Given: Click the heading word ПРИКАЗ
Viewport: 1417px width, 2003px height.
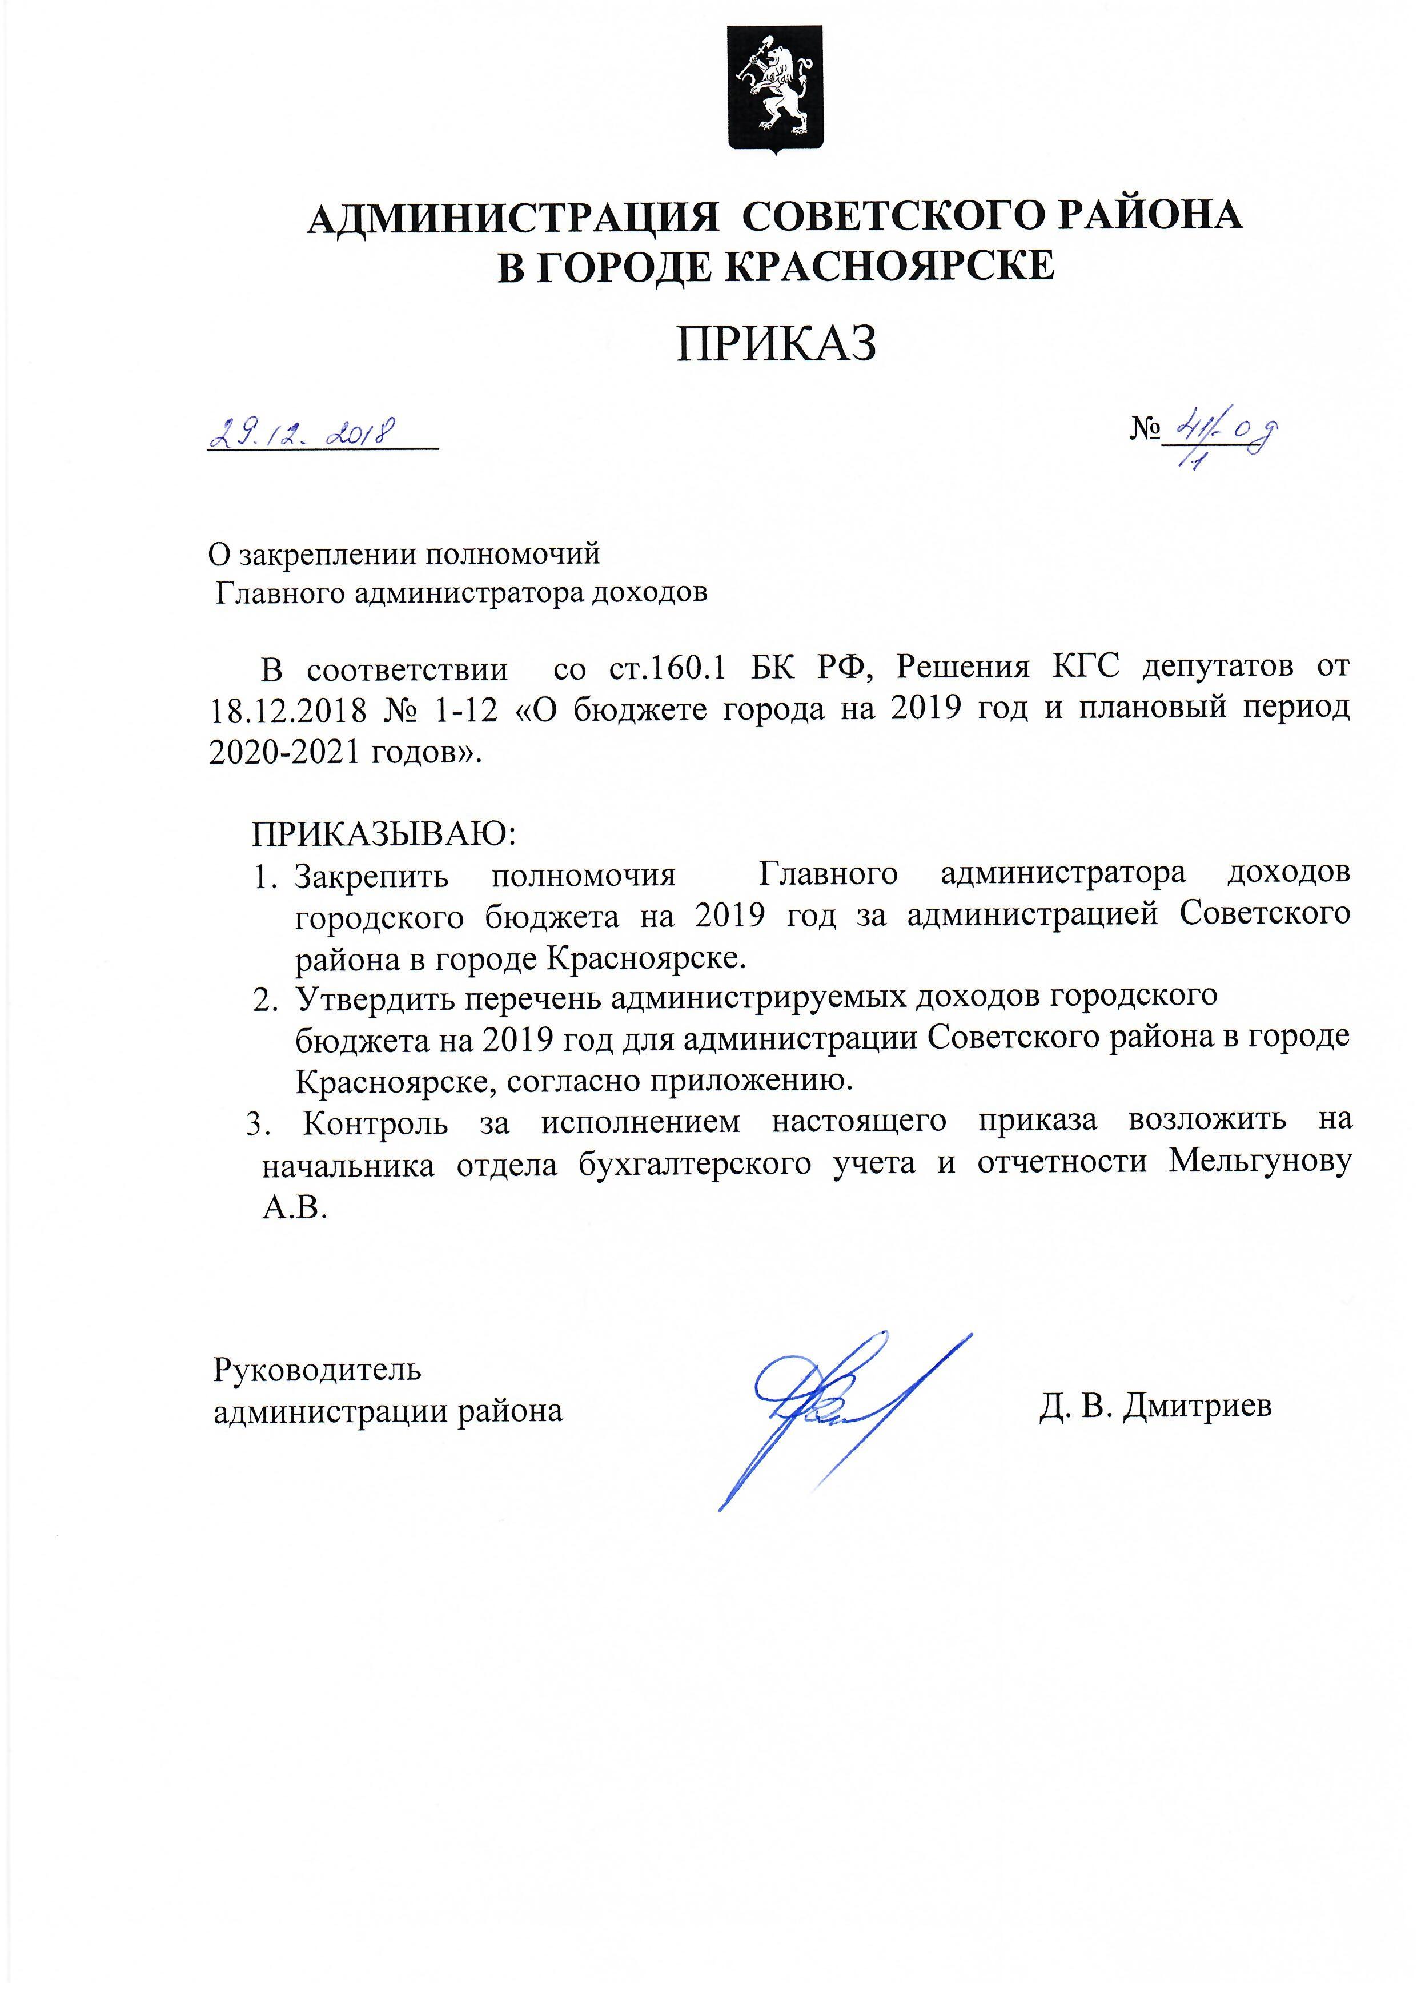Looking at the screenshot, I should click(777, 344).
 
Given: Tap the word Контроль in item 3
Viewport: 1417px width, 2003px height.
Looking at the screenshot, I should click(376, 1122).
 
